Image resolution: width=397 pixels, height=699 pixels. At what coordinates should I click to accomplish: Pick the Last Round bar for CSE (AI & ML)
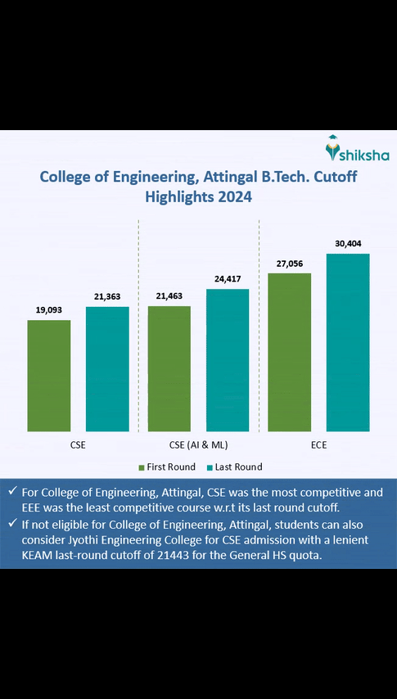(228, 359)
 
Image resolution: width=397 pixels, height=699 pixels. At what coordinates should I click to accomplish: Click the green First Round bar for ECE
(289, 352)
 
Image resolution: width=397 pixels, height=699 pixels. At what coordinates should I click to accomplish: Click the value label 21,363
(107, 296)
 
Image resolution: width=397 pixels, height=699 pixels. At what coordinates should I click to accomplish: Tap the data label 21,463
(169, 296)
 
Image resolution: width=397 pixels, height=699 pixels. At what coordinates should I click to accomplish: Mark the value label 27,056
(289, 264)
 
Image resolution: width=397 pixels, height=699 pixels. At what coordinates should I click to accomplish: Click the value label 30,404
(348, 244)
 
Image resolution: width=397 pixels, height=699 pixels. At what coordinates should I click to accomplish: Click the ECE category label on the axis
(318, 445)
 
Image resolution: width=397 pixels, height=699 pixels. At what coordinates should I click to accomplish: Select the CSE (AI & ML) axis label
(198, 445)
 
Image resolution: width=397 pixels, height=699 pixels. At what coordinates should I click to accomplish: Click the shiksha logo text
(365, 155)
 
